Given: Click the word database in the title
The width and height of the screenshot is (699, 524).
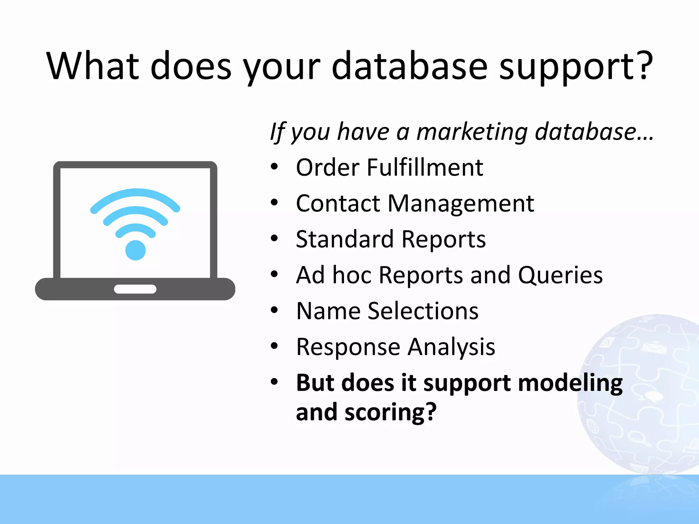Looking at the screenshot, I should [x=409, y=67].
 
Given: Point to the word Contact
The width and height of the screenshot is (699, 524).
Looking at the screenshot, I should [x=338, y=204].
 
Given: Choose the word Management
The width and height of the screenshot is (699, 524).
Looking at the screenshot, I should [x=461, y=204].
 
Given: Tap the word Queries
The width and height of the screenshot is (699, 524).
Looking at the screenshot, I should [x=560, y=275].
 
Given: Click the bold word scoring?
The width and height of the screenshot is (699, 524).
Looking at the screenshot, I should [x=390, y=412].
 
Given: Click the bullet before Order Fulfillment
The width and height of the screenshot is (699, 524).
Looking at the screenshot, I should [x=274, y=167].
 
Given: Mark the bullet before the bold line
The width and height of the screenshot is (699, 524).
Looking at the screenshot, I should [x=274, y=382].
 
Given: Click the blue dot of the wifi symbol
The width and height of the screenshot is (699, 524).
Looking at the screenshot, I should [x=135, y=250].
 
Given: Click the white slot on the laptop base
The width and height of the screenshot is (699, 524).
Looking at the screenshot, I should [x=135, y=289].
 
